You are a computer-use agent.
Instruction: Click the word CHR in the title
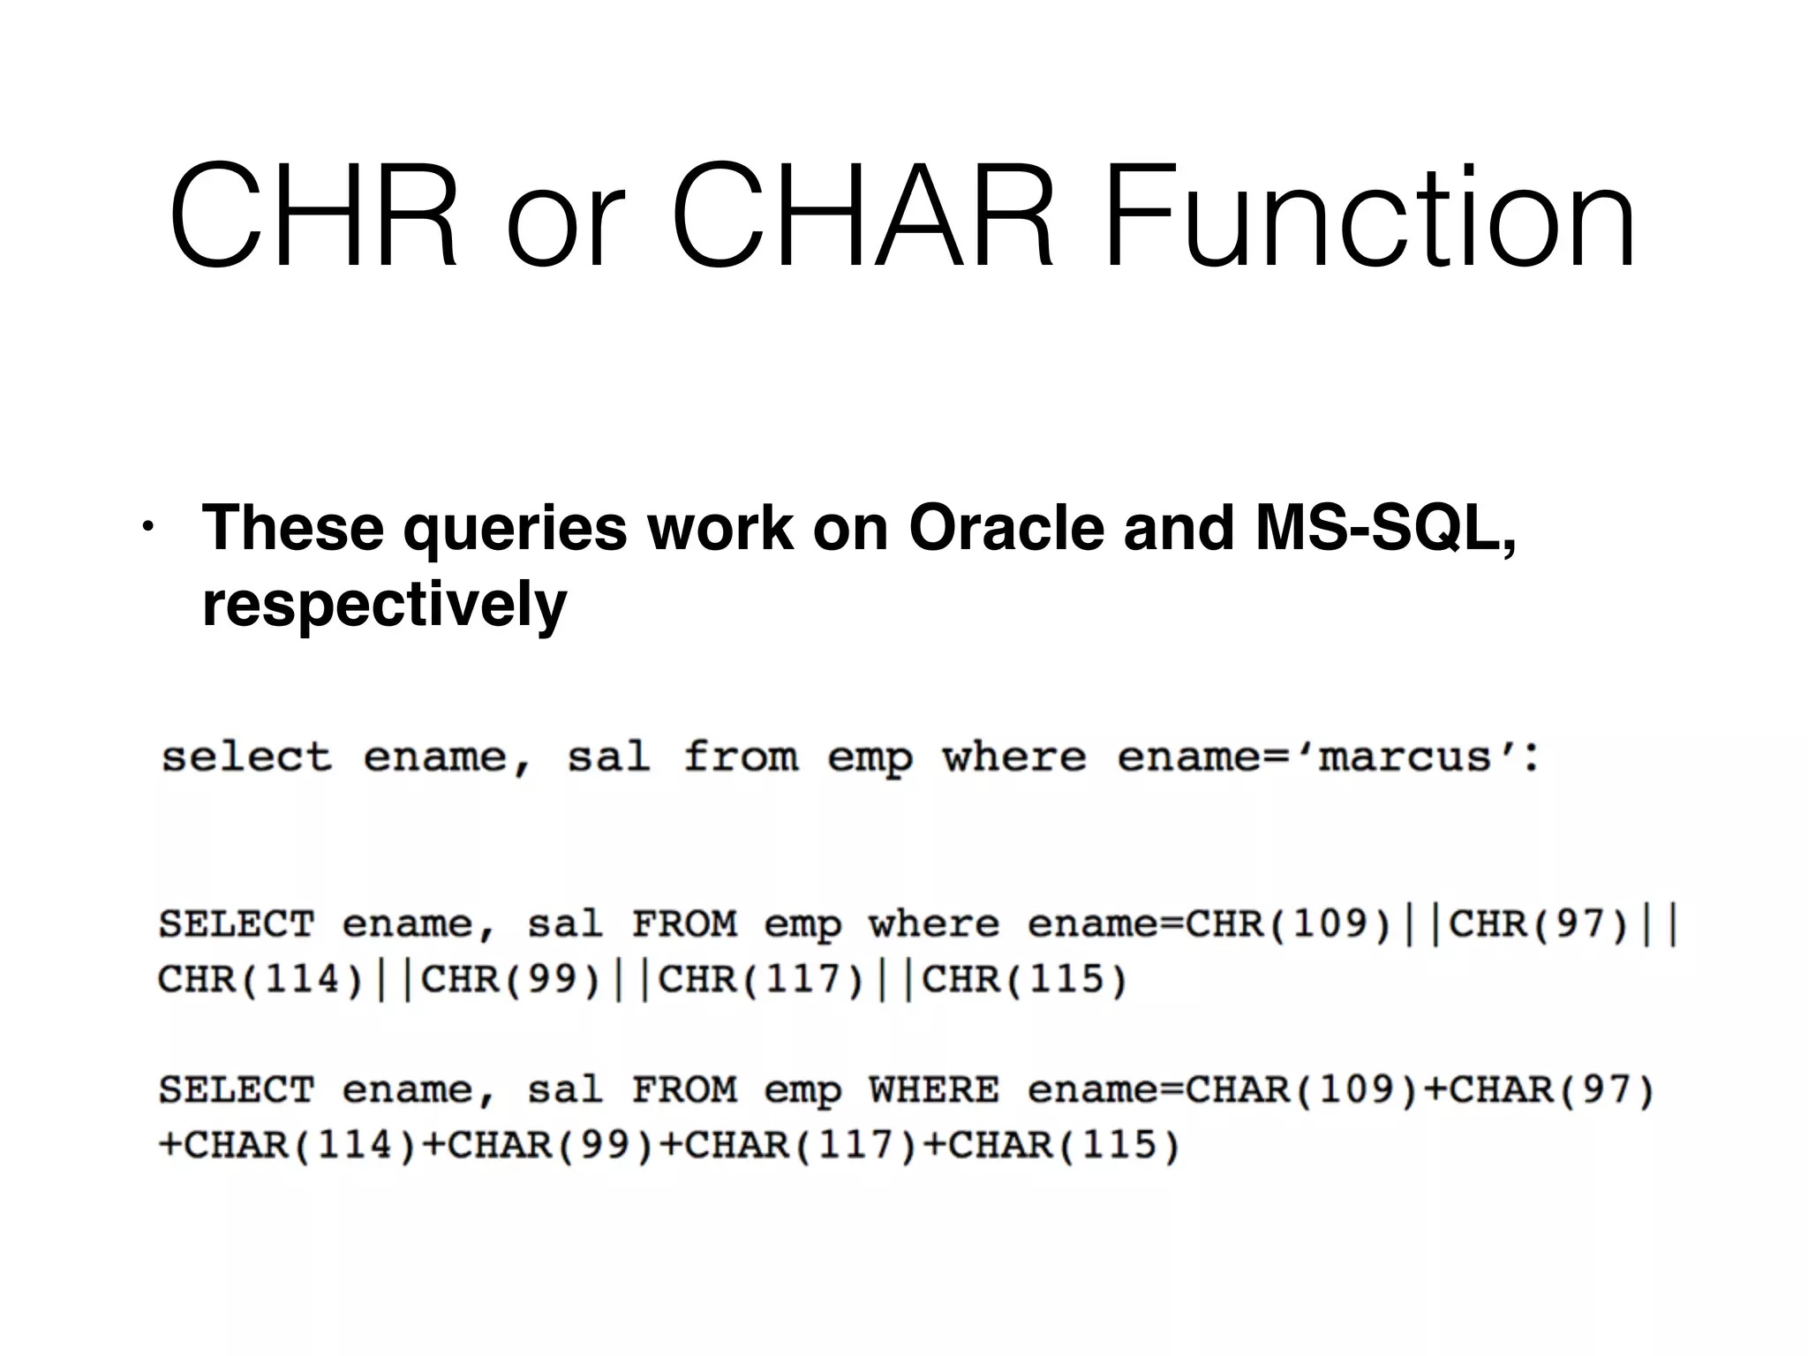pos(313,216)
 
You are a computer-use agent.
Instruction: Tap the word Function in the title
pos(1368,216)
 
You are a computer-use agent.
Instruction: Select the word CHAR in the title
pos(863,216)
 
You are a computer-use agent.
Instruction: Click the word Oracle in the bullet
pos(1006,529)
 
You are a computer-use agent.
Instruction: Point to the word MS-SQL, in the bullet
pos(1385,529)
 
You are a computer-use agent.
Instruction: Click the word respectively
pos(384,606)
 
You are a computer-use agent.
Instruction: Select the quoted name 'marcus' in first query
pos(1405,757)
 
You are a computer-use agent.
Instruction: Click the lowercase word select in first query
pos(246,757)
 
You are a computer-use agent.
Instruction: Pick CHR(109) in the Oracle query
pos(1288,924)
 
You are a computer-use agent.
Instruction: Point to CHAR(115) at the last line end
pos(1064,1146)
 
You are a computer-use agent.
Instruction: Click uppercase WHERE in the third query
pos(934,1090)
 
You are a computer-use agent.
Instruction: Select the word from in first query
pos(741,757)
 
